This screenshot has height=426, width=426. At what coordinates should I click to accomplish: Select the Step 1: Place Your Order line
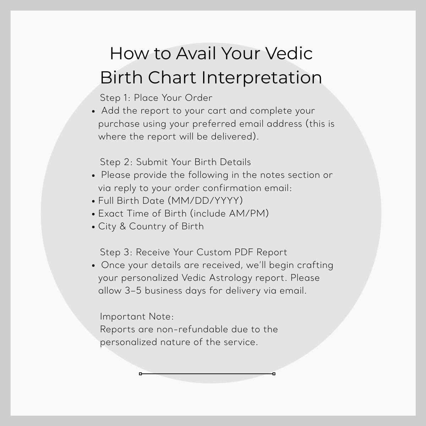[156, 98]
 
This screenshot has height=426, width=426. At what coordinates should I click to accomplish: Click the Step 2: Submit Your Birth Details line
[175, 162]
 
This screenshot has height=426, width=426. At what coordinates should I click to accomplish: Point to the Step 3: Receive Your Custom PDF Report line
[193, 252]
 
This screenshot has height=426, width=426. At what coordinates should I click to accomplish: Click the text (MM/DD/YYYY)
[207, 201]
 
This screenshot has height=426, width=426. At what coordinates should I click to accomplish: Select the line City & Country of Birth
[151, 226]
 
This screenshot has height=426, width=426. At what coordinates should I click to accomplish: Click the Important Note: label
[137, 317]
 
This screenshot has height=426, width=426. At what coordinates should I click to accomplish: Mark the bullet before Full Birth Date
[93, 201]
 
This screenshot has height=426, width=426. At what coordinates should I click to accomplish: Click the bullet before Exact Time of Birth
[93, 214]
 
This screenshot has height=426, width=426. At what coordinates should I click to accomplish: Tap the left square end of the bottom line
[141, 374]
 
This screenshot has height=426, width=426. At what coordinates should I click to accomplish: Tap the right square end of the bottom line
[274, 374]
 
